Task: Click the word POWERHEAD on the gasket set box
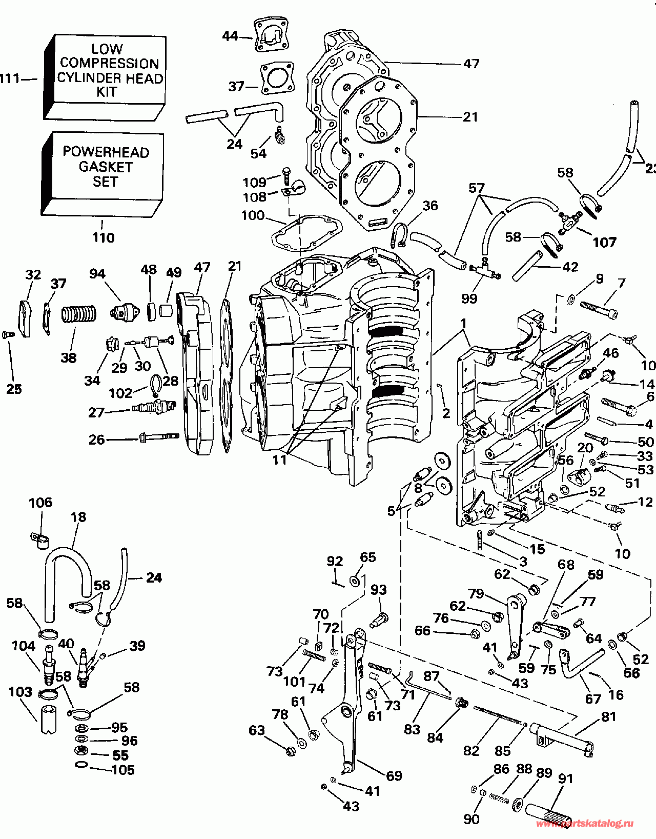[106, 152]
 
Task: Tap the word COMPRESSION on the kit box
[110, 63]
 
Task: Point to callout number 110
[104, 237]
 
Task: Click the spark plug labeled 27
[154, 406]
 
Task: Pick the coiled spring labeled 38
[79, 314]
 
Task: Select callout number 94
[97, 274]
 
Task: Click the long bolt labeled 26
[158, 437]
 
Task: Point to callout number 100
[253, 215]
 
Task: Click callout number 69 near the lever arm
[394, 775]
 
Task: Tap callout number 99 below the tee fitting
[469, 298]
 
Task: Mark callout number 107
[605, 242]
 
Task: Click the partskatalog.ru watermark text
[585, 824]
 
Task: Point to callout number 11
[280, 460]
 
